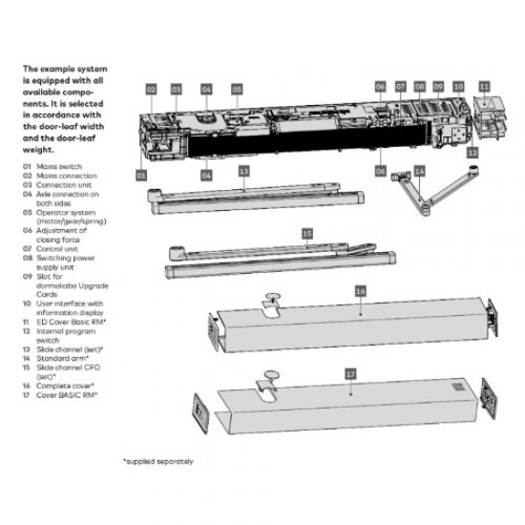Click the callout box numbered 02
[x=151, y=88]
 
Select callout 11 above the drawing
[x=483, y=86]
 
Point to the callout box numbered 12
[x=472, y=152]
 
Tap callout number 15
[x=306, y=233]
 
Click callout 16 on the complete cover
[x=360, y=288]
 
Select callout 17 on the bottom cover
[x=350, y=375]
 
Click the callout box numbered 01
[x=141, y=176]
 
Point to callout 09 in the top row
[x=438, y=87]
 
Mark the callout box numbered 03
[x=177, y=88]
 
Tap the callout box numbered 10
[x=458, y=87]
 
